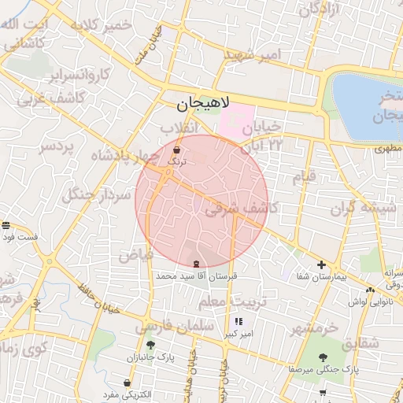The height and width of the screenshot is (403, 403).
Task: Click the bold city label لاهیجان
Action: click(x=203, y=103)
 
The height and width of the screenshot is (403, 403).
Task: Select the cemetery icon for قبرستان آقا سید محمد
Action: click(x=195, y=264)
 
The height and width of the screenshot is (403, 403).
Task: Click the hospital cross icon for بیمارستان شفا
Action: click(x=321, y=264)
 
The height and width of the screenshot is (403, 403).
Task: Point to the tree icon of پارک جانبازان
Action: click(x=150, y=345)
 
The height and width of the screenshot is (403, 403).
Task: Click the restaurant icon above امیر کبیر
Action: click(x=238, y=322)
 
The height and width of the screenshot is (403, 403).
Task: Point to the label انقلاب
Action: click(x=178, y=128)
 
